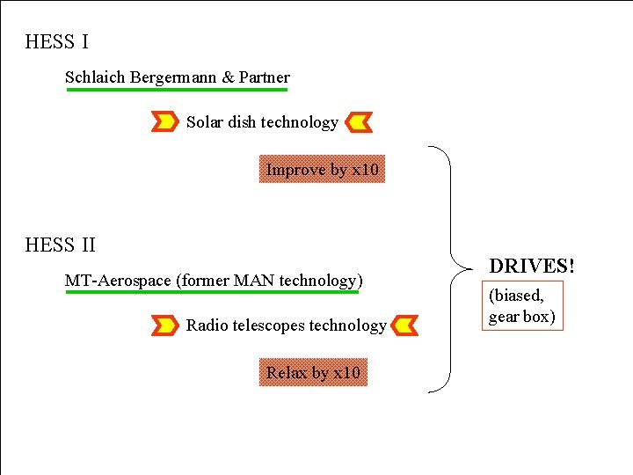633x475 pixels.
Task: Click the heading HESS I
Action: (x=57, y=41)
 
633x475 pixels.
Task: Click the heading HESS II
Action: (x=61, y=245)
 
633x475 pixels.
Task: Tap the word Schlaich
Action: (x=96, y=77)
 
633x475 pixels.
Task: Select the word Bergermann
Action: (x=173, y=77)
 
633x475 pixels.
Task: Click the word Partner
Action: (x=265, y=77)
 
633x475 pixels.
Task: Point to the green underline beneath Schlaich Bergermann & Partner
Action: (x=177, y=90)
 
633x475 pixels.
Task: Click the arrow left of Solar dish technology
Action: (x=165, y=122)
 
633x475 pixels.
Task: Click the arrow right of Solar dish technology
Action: (x=359, y=122)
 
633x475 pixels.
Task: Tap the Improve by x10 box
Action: (x=323, y=170)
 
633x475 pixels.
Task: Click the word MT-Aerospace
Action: (x=119, y=281)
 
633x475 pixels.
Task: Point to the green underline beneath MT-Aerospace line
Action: (x=212, y=293)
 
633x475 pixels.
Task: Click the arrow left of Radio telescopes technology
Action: (x=165, y=325)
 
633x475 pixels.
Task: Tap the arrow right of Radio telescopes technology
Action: (x=404, y=325)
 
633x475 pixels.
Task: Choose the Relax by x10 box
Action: (x=313, y=373)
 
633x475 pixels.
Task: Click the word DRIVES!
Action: (x=532, y=266)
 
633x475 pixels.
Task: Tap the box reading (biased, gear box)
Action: (x=522, y=306)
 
